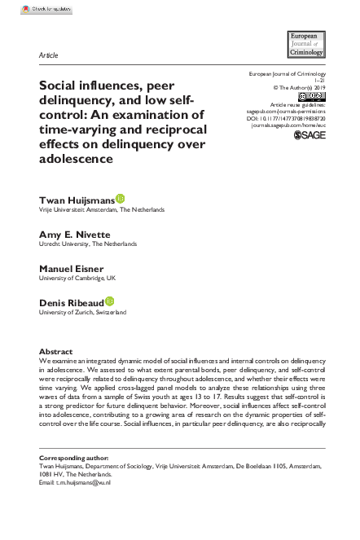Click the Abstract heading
coord(55,351)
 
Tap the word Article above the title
coord(48,55)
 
